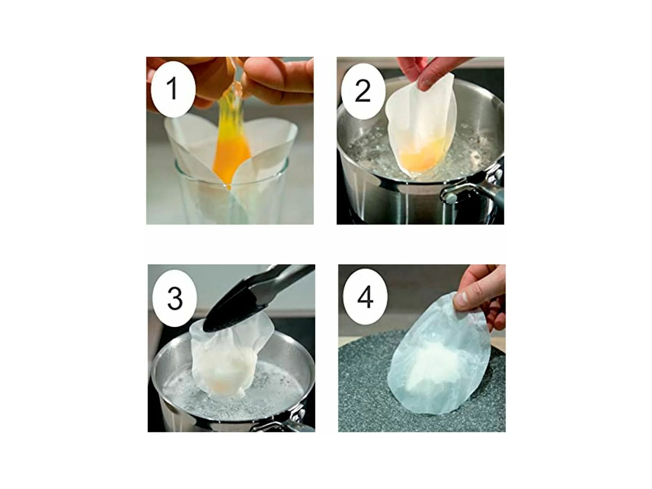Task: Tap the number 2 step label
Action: pos(363,91)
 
